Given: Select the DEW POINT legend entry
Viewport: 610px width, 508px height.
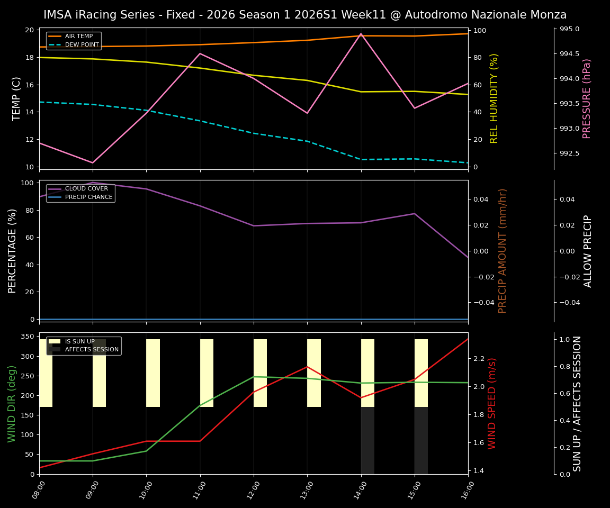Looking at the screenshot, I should click(82, 45).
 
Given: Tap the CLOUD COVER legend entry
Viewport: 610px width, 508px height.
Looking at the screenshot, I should click(86, 189).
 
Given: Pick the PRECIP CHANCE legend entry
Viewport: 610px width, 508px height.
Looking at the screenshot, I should click(88, 197).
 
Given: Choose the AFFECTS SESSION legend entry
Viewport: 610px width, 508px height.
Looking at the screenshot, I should click(92, 350).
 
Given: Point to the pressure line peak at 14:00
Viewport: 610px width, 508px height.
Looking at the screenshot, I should click(361, 34).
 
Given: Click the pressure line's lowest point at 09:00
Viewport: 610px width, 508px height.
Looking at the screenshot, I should click(93, 163).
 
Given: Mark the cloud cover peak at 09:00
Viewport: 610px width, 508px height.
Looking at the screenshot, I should click(93, 183).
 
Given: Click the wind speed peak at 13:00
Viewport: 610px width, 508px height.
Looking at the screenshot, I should click(307, 366).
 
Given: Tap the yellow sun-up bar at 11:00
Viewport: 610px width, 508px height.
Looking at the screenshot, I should click(207, 373).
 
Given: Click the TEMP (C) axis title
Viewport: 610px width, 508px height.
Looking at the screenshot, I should click(17, 98).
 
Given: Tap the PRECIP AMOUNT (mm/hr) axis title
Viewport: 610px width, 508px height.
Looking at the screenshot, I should click(503, 251).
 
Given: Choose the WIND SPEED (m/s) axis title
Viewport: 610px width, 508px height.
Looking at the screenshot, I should click(492, 403).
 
